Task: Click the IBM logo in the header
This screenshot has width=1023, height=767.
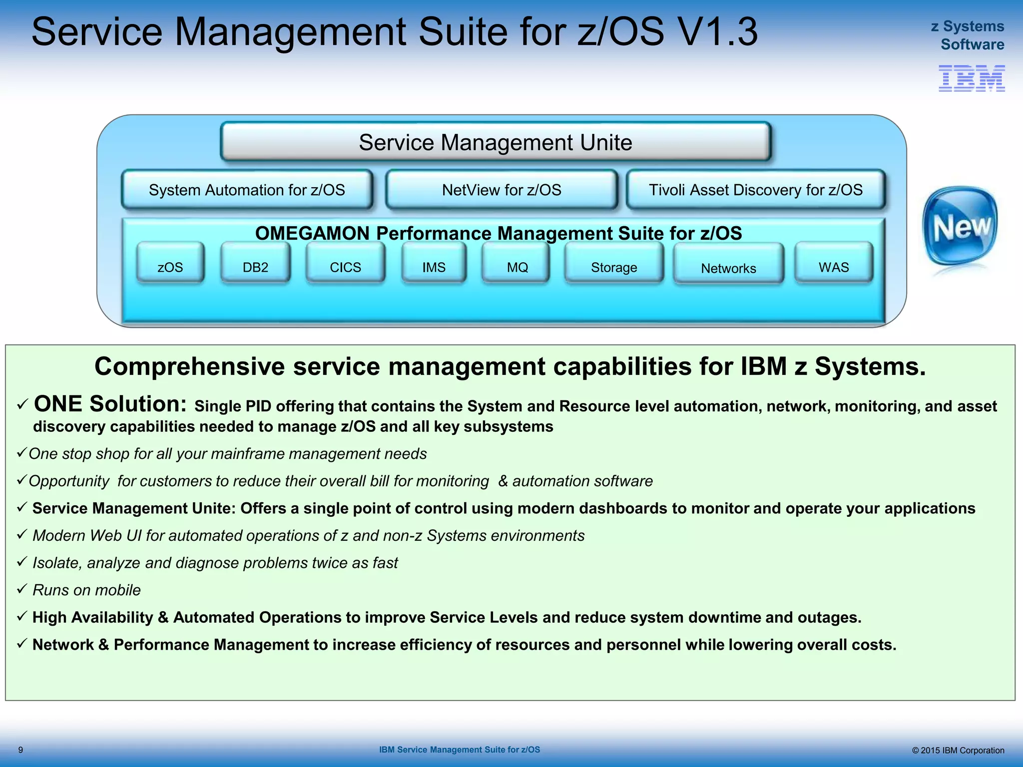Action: [x=972, y=78]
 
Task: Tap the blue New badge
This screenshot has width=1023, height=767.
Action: [x=960, y=227]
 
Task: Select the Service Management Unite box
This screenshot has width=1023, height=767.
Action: [x=496, y=142]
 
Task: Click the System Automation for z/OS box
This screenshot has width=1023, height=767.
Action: [x=247, y=190]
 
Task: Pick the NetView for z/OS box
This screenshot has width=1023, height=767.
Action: [x=502, y=190]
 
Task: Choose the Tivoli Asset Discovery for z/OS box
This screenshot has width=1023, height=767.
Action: [x=755, y=190]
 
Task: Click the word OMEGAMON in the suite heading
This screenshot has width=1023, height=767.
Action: [x=319, y=233]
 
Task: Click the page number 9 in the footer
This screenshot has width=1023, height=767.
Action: [x=20, y=750]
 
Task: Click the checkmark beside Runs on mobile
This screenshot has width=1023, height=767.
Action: [x=21, y=589]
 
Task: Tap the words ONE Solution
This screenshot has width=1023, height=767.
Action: [x=110, y=403]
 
